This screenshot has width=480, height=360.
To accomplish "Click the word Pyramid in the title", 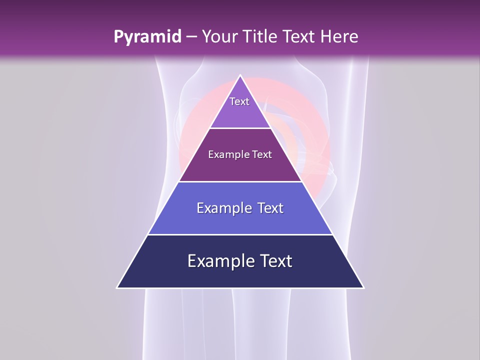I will click(147, 37).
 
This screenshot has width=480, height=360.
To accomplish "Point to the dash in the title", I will click(191, 37).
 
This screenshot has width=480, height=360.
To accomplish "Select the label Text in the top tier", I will click(239, 101).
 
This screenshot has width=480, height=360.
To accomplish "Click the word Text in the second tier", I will click(262, 154).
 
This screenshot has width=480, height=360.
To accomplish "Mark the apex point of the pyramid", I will click(240, 76).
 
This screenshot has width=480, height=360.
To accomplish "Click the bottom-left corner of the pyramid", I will click(117, 287).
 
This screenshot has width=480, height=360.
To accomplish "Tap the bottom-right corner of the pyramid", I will click(363, 287).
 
